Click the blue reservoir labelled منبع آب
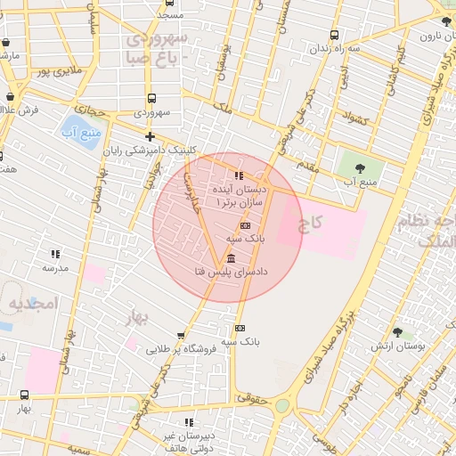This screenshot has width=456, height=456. click(80, 131)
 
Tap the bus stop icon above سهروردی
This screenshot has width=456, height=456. click(151, 99)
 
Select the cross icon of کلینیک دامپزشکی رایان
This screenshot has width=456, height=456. click(150, 136)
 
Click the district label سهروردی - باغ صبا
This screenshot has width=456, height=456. click(157, 47)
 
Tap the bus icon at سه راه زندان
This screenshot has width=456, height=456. click(334, 36)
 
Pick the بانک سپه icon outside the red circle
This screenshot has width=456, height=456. click(239, 328)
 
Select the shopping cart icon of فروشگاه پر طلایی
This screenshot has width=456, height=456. click(181, 336)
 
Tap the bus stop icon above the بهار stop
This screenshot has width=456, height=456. click(23, 395)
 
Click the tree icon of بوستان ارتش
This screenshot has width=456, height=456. click(397, 331)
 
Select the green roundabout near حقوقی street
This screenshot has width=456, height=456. click(282, 406)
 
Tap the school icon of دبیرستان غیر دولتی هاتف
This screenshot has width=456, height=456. click(188, 421)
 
